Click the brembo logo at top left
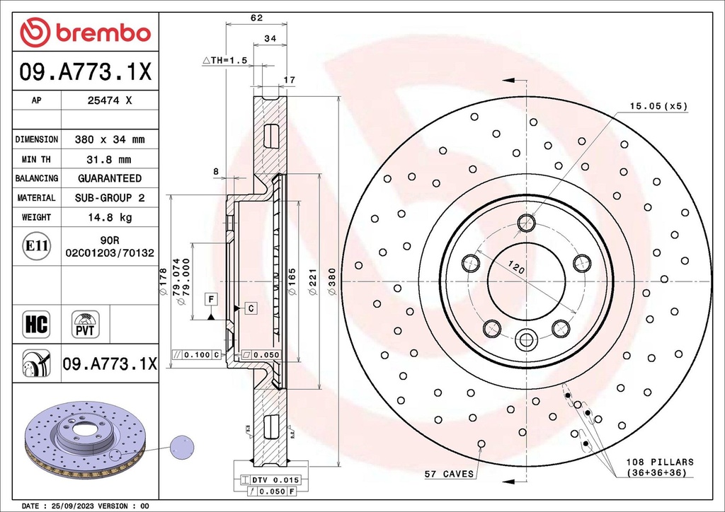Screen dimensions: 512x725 click(85, 33)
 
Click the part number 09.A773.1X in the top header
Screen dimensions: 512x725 click(84, 71)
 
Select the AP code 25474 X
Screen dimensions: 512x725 click(108, 100)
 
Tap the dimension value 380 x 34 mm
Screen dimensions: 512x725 click(108, 139)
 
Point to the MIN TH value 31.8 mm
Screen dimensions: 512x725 click(108, 159)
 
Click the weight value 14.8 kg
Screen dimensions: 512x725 click(108, 217)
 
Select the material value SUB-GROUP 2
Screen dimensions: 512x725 click(108, 198)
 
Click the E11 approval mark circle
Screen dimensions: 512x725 click(36, 246)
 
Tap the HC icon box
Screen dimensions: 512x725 click(36, 324)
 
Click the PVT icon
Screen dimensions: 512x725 click(86, 324)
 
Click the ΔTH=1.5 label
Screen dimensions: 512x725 click(224, 61)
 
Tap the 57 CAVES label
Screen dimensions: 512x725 click(449, 473)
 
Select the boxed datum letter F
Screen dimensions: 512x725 click(210, 299)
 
